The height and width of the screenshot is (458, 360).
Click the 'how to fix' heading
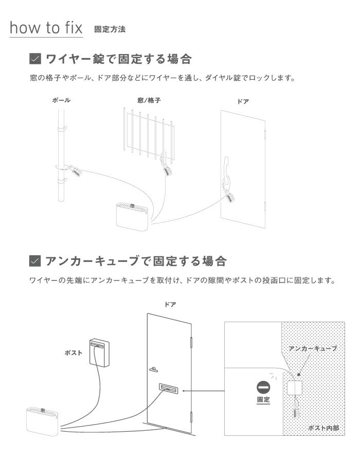click(46, 28)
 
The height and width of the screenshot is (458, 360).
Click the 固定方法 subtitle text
click(110, 29)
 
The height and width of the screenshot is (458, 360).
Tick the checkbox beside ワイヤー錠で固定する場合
click(35, 59)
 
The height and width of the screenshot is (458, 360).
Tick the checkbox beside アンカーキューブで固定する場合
click(35, 261)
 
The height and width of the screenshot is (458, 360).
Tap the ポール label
click(61, 100)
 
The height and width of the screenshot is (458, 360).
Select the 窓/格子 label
click(149, 100)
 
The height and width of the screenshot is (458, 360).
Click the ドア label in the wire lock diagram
click(243, 102)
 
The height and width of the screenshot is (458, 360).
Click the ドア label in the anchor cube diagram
click(170, 305)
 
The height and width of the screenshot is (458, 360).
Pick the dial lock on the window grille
click(167, 170)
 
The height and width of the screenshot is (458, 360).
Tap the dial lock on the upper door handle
click(229, 196)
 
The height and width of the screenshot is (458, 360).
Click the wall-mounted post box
click(100, 352)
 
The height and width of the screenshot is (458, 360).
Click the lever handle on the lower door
click(154, 369)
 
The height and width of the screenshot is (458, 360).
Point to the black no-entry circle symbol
click(263, 386)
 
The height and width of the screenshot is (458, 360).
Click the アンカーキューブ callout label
click(312, 348)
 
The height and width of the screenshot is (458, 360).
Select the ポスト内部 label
click(326, 427)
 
